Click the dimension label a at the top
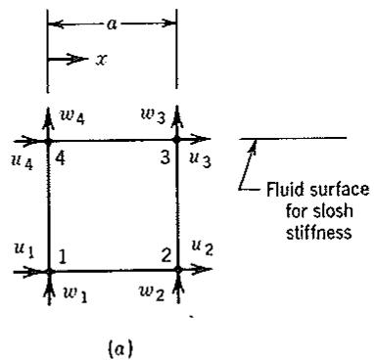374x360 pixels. (112, 24)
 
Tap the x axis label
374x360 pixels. (101, 60)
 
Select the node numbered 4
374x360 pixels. (49, 142)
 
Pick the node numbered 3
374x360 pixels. (176, 140)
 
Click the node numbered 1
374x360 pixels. (49, 271)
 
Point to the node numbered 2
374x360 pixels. (178, 269)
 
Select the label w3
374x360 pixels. (154, 116)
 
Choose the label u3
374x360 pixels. (200, 159)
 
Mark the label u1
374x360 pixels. (24, 250)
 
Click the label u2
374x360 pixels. (203, 247)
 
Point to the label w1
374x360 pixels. (75, 294)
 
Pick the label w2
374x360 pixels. (151, 292)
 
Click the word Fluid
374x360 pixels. (281, 189)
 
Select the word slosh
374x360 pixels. (336, 211)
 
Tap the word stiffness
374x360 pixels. (319, 232)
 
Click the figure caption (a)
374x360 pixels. (120, 349)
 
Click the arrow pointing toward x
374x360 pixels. (68, 59)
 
